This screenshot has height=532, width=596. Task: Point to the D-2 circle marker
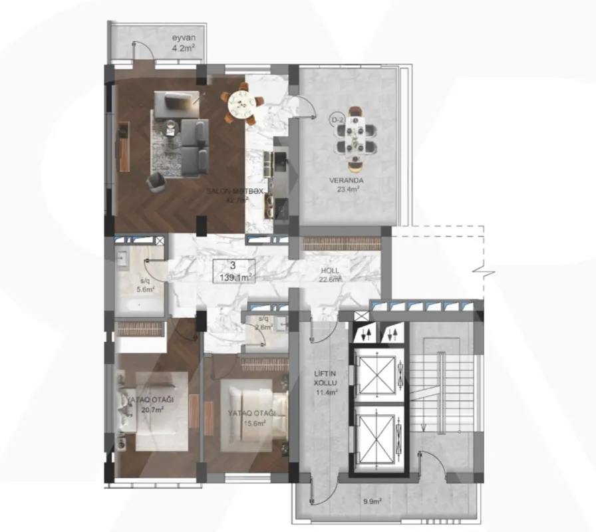(x=337, y=119)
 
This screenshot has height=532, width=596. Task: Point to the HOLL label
(x=329, y=271)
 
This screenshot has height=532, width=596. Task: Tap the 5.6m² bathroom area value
(x=146, y=289)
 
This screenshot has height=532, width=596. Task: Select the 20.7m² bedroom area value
(x=152, y=409)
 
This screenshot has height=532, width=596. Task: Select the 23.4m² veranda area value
(x=348, y=189)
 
